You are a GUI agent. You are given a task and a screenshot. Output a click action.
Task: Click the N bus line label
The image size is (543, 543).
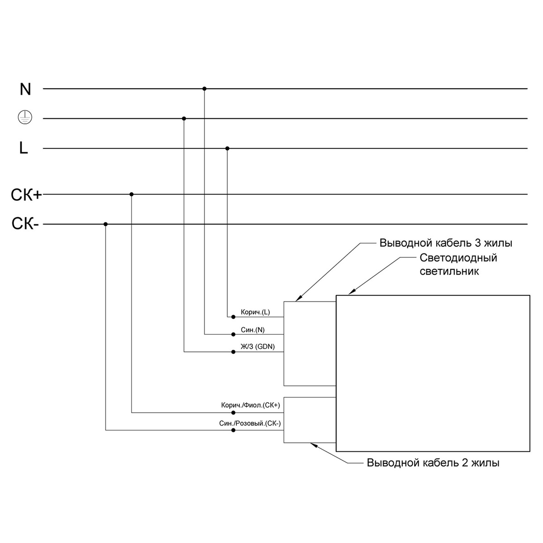[x=25, y=89]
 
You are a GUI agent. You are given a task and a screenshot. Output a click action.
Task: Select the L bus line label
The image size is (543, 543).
[x=24, y=148]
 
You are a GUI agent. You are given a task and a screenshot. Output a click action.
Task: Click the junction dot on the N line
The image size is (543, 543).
[x=204, y=89]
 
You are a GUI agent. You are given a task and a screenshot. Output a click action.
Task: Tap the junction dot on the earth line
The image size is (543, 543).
[x=184, y=119]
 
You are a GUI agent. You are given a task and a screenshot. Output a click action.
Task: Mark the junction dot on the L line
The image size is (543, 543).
[x=227, y=148]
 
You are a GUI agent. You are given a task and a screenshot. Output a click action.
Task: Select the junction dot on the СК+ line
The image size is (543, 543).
[x=132, y=195]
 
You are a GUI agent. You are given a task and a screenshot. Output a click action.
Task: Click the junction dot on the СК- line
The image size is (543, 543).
[x=105, y=224]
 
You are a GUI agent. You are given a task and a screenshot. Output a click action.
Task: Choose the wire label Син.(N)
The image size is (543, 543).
[x=252, y=330]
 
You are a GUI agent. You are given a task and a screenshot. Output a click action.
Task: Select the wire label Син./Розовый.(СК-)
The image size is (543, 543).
[x=250, y=424]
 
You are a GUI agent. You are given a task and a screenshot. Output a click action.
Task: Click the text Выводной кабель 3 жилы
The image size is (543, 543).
[x=446, y=243]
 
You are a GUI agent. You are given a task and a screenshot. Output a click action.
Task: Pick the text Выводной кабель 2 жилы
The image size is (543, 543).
[x=433, y=463]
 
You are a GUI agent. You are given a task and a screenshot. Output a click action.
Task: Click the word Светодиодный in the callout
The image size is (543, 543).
[x=458, y=258]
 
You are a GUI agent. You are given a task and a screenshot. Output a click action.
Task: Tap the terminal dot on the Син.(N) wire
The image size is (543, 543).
[x=233, y=334]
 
